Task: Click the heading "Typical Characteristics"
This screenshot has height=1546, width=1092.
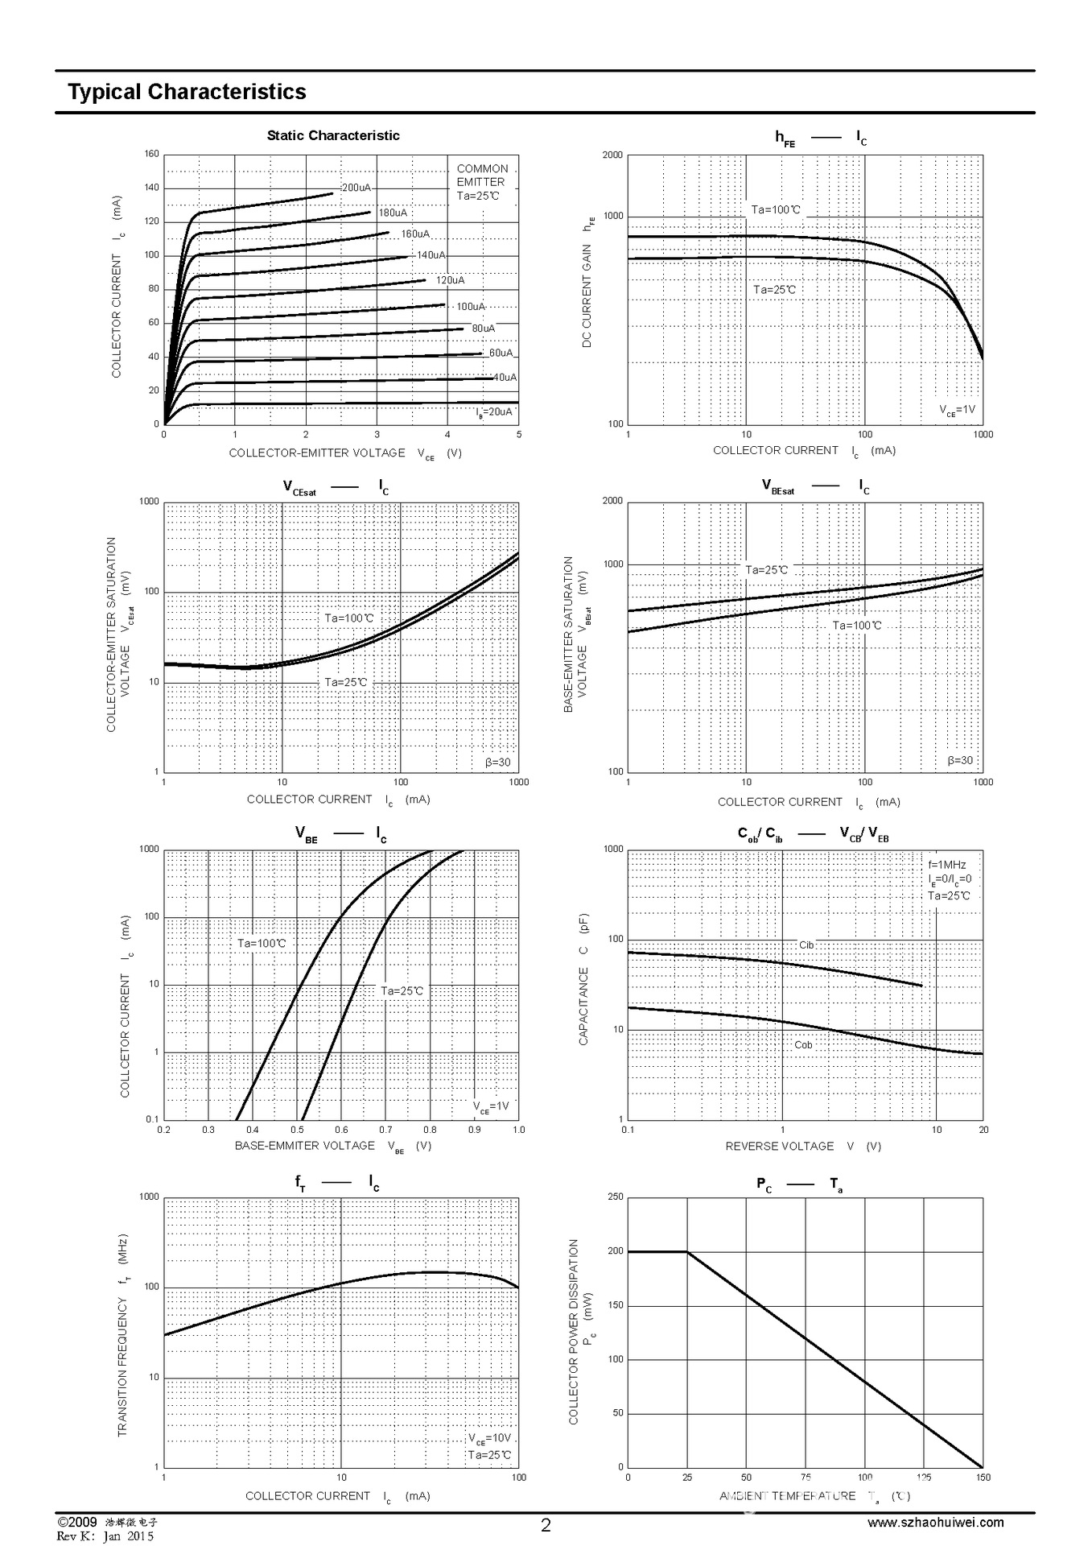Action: [x=187, y=92]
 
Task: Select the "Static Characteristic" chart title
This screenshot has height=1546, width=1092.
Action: [x=333, y=135]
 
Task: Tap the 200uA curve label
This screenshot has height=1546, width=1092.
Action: [x=356, y=188]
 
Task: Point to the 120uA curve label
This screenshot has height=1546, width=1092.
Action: [x=450, y=280]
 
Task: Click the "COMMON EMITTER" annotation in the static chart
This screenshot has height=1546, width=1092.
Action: [x=482, y=176]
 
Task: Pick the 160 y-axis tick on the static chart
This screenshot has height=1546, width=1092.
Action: [x=151, y=155]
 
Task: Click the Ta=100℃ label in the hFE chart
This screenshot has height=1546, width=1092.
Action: [x=776, y=209]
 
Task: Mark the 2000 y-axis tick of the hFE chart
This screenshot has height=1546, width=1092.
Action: [x=612, y=155]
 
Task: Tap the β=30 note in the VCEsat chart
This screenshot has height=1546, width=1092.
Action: [x=497, y=763]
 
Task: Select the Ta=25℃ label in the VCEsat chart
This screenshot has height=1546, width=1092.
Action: [x=346, y=682]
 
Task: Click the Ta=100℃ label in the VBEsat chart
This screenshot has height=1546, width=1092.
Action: [x=856, y=625]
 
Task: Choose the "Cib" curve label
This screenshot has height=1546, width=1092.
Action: [x=806, y=945]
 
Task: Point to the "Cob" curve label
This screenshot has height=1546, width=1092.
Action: [x=803, y=1044]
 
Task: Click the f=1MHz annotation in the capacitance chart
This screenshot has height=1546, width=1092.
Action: [x=947, y=865]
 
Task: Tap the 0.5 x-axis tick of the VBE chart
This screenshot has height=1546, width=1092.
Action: [x=297, y=1130]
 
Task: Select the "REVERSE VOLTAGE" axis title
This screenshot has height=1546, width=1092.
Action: [x=779, y=1146]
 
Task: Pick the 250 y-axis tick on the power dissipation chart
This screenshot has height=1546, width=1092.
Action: [x=615, y=1197]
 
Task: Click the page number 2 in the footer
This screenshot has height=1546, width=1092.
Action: [x=546, y=1525]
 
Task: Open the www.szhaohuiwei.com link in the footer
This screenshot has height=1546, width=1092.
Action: [x=935, y=1522]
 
